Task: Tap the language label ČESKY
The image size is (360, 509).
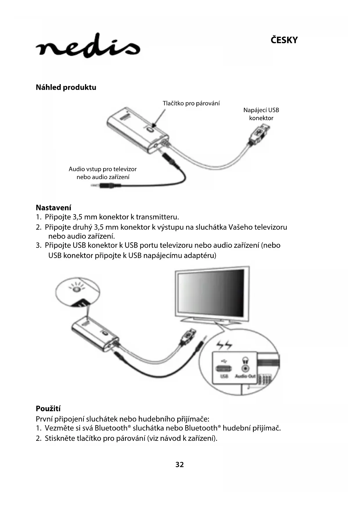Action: coord(284,40)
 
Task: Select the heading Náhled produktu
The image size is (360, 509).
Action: coord(66,87)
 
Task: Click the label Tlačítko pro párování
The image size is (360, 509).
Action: coord(191,103)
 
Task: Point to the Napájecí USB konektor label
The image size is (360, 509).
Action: coord(261,114)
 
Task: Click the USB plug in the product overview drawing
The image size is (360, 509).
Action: coord(259,134)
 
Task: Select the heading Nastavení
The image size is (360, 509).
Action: coord(53,207)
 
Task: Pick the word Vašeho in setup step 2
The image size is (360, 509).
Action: coord(240,227)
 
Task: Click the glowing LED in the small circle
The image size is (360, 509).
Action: coord(77,289)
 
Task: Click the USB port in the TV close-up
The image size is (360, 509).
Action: coord(224,369)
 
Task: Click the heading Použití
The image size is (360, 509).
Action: coord(48,409)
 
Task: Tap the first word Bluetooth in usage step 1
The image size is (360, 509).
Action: coord(111,428)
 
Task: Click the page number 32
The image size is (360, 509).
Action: coord(180,465)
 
